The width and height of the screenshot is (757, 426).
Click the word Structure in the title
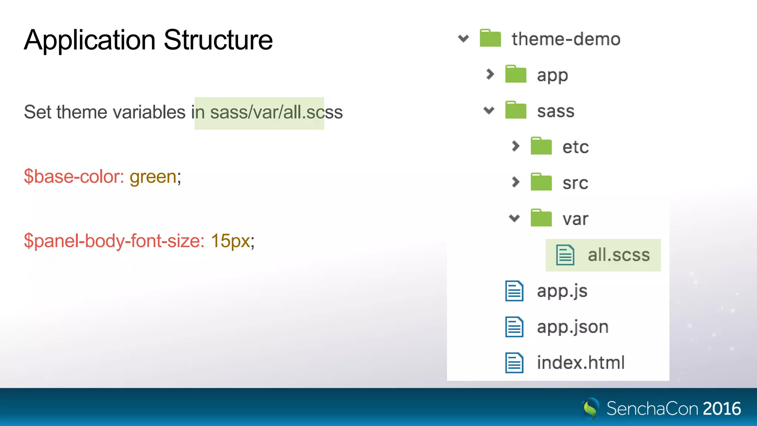click(x=218, y=40)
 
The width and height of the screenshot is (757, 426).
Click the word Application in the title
click(x=90, y=40)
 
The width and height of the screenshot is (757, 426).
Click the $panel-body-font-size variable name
click(x=114, y=241)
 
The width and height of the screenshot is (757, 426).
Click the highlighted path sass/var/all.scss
click(x=276, y=112)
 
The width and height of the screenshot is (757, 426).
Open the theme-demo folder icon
click(x=490, y=38)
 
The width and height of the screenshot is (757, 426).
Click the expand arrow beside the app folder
click(x=490, y=74)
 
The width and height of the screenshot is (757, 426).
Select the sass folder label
click(x=556, y=111)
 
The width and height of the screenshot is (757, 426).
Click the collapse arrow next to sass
click(x=489, y=110)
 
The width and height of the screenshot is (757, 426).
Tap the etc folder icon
click(x=541, y=146)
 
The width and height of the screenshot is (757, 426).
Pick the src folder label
click(x=575, y=183)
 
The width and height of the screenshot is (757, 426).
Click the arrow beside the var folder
click(x=515, y=218)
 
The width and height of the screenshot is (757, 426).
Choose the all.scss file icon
click(x=565, y=255)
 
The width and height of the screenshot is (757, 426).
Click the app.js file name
click(x=562, y=291)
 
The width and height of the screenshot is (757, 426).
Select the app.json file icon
click(x=514, y=327)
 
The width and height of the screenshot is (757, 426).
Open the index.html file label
click(x=580, y=362)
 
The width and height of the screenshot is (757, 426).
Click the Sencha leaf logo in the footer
click(x=591, y=408)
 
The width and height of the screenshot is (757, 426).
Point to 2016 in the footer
click(x=722, y=409)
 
